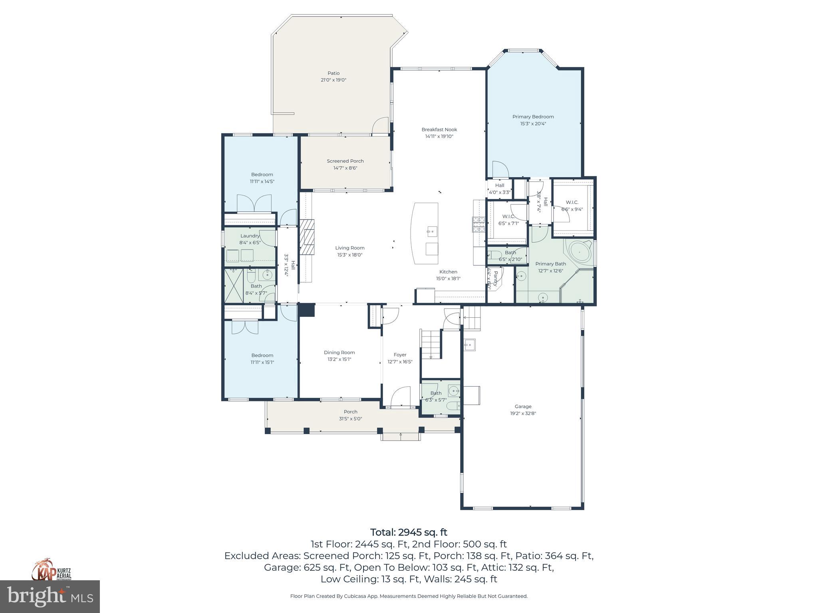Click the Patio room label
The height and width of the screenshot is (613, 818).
[x=334, y=73]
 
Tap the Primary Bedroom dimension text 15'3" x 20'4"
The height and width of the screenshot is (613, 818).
[x=533, y=124]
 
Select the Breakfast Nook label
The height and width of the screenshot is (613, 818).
[x=439, y=129]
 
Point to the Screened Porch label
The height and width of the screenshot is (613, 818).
[x=345, y=161]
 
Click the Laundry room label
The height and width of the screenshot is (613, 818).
[x=250, y=236]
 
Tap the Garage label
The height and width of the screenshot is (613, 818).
[x=523, y=406]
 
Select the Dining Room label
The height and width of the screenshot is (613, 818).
[x=339, y=352]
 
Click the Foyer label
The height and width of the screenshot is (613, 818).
[x=400, y=354]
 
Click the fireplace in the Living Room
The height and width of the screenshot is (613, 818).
[x=308, y=237]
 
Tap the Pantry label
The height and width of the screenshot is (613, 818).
[x=496, y=279]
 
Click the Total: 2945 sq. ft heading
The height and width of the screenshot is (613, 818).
[x=409, y=532]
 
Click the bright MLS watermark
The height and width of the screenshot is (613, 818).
[x=50, y=597]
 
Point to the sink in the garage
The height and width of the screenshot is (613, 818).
[x=469, y=345]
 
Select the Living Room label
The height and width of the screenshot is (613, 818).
[x=349, y=248]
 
